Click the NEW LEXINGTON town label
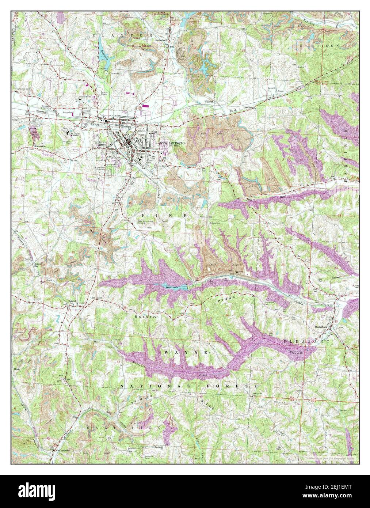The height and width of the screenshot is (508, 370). tap(173, 143)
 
